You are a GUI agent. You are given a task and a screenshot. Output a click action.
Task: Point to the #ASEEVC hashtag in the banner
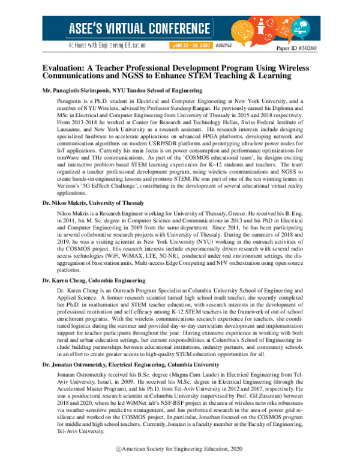[x=223, y=45]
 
